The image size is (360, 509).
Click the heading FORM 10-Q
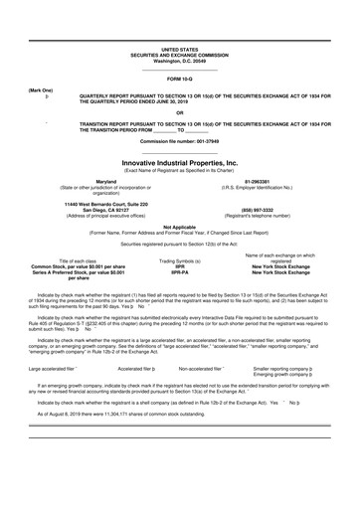179,78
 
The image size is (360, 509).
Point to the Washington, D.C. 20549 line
179,61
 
